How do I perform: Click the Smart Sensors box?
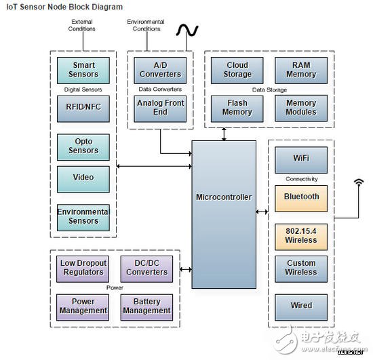coord(83,71)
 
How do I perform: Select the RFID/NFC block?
coord(83,108)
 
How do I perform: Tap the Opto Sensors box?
coord(83,147)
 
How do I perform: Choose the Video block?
coord(83,179)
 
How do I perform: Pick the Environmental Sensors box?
coord(83,218)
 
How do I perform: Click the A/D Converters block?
coord(160,71)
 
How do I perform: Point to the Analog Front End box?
coord(160,108)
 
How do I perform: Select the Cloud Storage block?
coord(237,71)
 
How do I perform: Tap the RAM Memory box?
coord(301,71)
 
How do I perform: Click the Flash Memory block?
coord(237,108)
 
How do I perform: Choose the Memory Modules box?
coord(301,108)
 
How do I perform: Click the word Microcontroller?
coord(224,197)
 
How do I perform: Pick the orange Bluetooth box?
coord(301,199)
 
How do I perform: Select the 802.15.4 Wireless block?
coord(301,237)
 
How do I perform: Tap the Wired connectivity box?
coord(301,307)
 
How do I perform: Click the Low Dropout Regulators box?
coord(83,269)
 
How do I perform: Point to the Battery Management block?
coord(146,307)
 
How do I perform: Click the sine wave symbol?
coord(187,31)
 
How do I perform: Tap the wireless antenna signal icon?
coord(359,182)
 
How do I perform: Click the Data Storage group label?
coord(269,90)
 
